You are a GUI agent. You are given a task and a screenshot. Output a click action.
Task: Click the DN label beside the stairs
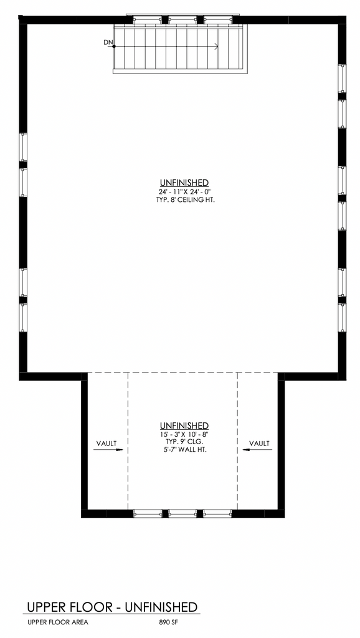(108, 42)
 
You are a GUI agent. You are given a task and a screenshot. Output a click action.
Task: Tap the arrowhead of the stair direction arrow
(216, 46)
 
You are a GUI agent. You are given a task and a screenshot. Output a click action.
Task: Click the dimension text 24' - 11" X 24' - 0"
(185, 191)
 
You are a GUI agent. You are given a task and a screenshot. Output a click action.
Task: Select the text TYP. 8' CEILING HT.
(185, 200)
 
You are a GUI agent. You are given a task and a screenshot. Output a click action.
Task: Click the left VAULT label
(107, 443)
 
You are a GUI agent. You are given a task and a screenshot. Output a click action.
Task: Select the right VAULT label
(259, 443)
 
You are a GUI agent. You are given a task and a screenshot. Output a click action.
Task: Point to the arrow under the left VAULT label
(108, 450)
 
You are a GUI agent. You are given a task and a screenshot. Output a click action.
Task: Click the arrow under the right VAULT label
(257, 450)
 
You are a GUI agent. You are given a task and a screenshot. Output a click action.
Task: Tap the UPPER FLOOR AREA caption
(58, 622)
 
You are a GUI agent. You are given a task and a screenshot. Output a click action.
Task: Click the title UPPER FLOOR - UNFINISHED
(112, 607)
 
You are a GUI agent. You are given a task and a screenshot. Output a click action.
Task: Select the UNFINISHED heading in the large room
(185, 183)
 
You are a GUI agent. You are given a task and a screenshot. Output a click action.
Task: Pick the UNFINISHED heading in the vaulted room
(185, 426)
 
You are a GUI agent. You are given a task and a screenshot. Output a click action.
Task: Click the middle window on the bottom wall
(182, 513)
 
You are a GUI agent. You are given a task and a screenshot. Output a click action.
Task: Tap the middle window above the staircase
(182, 19)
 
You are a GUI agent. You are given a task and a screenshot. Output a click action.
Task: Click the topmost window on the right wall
(342, 79)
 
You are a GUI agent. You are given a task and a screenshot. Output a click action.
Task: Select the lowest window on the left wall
(23, 318)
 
